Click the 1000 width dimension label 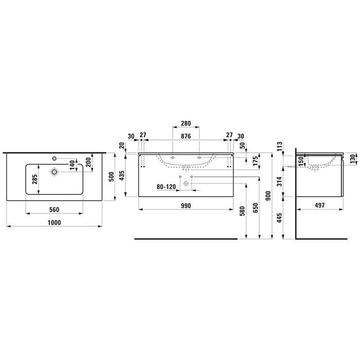coord(55,223)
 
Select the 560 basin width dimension coord(54,210)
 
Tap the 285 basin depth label coord(34,179)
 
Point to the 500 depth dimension coord(112,176)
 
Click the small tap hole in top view coord(54,158)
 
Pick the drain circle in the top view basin coord(54,172)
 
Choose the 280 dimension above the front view coord(186,123)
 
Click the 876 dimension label coord(186,136)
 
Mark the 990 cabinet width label coord(186,206)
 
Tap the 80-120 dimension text coord(166,187)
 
